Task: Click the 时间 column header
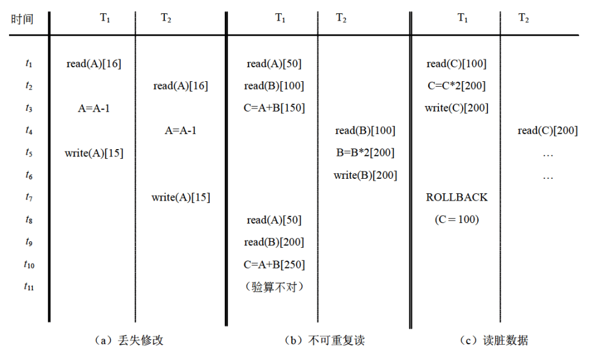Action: [22, 19]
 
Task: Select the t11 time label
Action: [28, 287]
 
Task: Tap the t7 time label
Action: [28, 198]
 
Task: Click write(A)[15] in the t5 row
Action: [94, 153]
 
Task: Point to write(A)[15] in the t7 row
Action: [181, 198]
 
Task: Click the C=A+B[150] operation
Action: [274, 108]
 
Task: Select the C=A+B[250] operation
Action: [274, 264]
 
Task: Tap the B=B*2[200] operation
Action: [365, 153]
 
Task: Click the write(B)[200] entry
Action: [365, 175]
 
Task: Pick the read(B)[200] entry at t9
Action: [274, 242]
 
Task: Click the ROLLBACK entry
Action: [457, 198]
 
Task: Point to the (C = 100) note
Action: [457, 219]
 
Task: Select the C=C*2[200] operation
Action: [457, 86]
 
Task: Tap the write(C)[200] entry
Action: [457, 108]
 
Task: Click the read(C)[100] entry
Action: [457, 64]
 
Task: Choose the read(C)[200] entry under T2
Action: [548, 130]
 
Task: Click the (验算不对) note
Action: [274, 287]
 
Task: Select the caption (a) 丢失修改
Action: [129, 341]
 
